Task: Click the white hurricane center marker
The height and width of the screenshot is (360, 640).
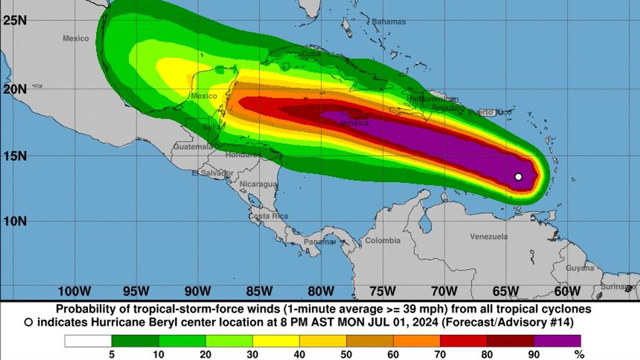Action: [518, 177]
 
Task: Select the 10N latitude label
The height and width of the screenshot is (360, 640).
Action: [15, 222]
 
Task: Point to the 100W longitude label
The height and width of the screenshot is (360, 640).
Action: [74, 292]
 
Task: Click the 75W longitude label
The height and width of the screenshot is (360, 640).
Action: [382, 292]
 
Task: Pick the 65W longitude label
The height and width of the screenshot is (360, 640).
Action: [505, 292]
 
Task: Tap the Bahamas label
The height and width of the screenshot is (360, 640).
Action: [389, 22]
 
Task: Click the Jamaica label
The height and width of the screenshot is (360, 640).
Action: [354, 123]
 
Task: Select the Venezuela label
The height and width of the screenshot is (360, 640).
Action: [489, 237]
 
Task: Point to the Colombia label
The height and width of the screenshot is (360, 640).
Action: [383, 241]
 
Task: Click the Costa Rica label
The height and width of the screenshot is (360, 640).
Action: [268, 216]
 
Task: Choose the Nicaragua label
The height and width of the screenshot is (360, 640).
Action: [258, 184]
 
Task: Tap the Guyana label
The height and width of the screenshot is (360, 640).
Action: [580, 268]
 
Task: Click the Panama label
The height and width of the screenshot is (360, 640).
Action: [318, 242]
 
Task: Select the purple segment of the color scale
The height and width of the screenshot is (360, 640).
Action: [557, 341]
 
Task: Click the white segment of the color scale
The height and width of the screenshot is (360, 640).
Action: [88, 341]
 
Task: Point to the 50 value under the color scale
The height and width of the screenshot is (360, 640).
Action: [346, 355]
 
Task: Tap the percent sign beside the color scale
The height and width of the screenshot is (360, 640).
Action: [579, 355]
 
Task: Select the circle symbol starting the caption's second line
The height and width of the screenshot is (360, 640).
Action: [28, 322]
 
